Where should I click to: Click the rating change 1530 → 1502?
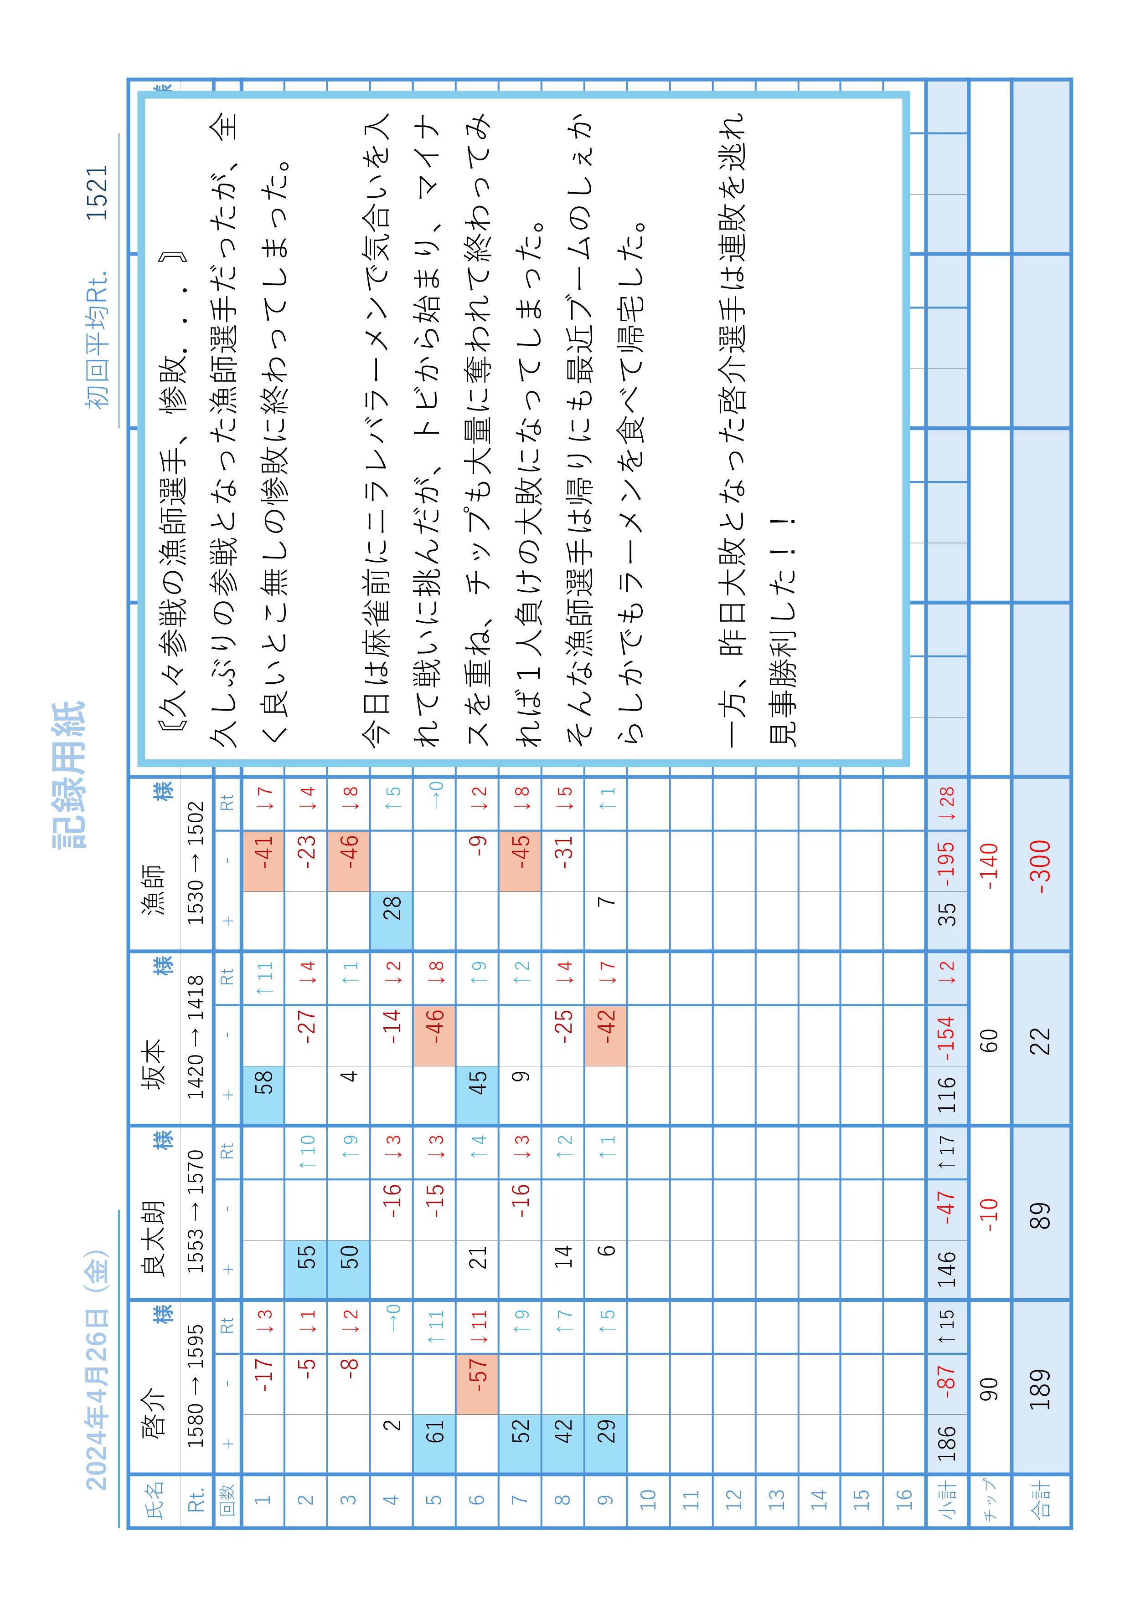pyautogui.click(x=196, y=863)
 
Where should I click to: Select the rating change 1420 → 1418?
pyautogui.click(x=196, y=1037)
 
